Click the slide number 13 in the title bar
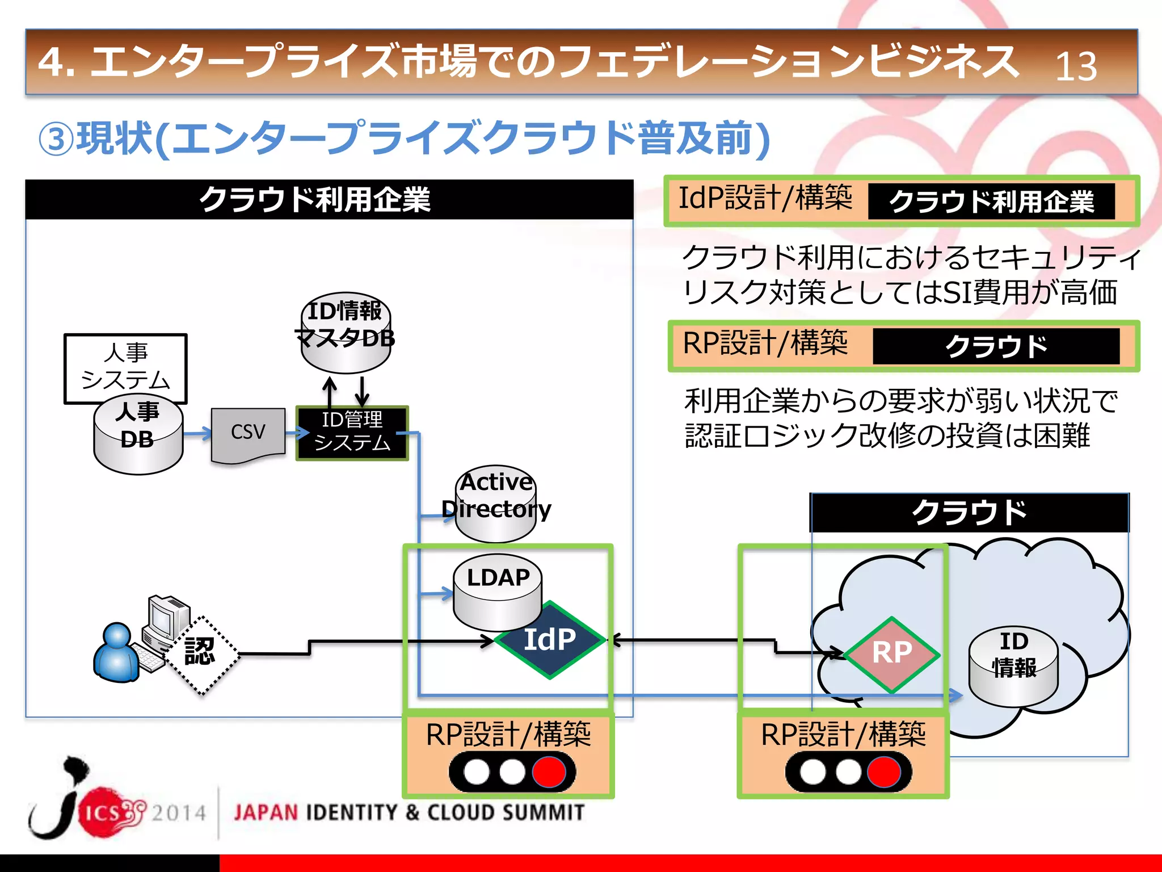pos(1076,66)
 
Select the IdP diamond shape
pos(549,640)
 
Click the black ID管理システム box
pos(352,433)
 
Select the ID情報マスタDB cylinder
pos(346,332)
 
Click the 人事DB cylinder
pos(138,437)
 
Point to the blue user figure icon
pos(117,653)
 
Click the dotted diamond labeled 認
pos(201,653)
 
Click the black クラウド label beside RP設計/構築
pos(996,346)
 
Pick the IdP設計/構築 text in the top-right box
pos(765,199)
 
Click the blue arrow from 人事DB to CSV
pos(196,434)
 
